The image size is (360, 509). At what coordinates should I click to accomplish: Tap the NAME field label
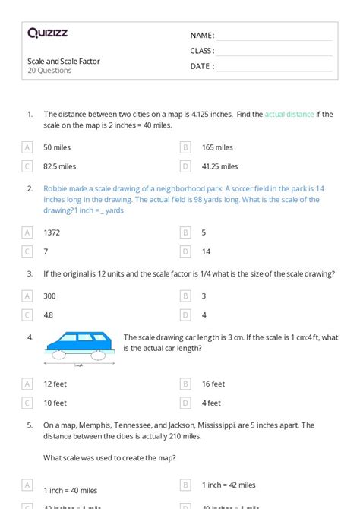point(202,36)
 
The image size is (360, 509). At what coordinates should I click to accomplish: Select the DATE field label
point(202,66)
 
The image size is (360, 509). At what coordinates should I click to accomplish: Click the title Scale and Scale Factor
point(64,61)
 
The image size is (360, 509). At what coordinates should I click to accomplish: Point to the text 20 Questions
point(49,71)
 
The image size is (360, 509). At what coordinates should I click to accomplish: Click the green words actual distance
point(289,115)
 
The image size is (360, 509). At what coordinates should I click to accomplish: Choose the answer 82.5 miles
point(60,166)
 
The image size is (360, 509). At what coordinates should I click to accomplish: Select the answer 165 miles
point(217,147)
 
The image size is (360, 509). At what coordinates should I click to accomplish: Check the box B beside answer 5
point(185,232)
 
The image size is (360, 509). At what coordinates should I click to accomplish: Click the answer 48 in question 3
point(49,315)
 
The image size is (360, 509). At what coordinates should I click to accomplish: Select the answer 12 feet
point(56,384)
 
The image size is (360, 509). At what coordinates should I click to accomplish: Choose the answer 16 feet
point(213,384)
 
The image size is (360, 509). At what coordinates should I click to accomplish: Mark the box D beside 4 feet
point(185,403)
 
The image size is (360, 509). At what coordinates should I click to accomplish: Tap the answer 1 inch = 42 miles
point(229,485)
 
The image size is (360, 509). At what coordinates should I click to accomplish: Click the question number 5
point(30,425)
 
